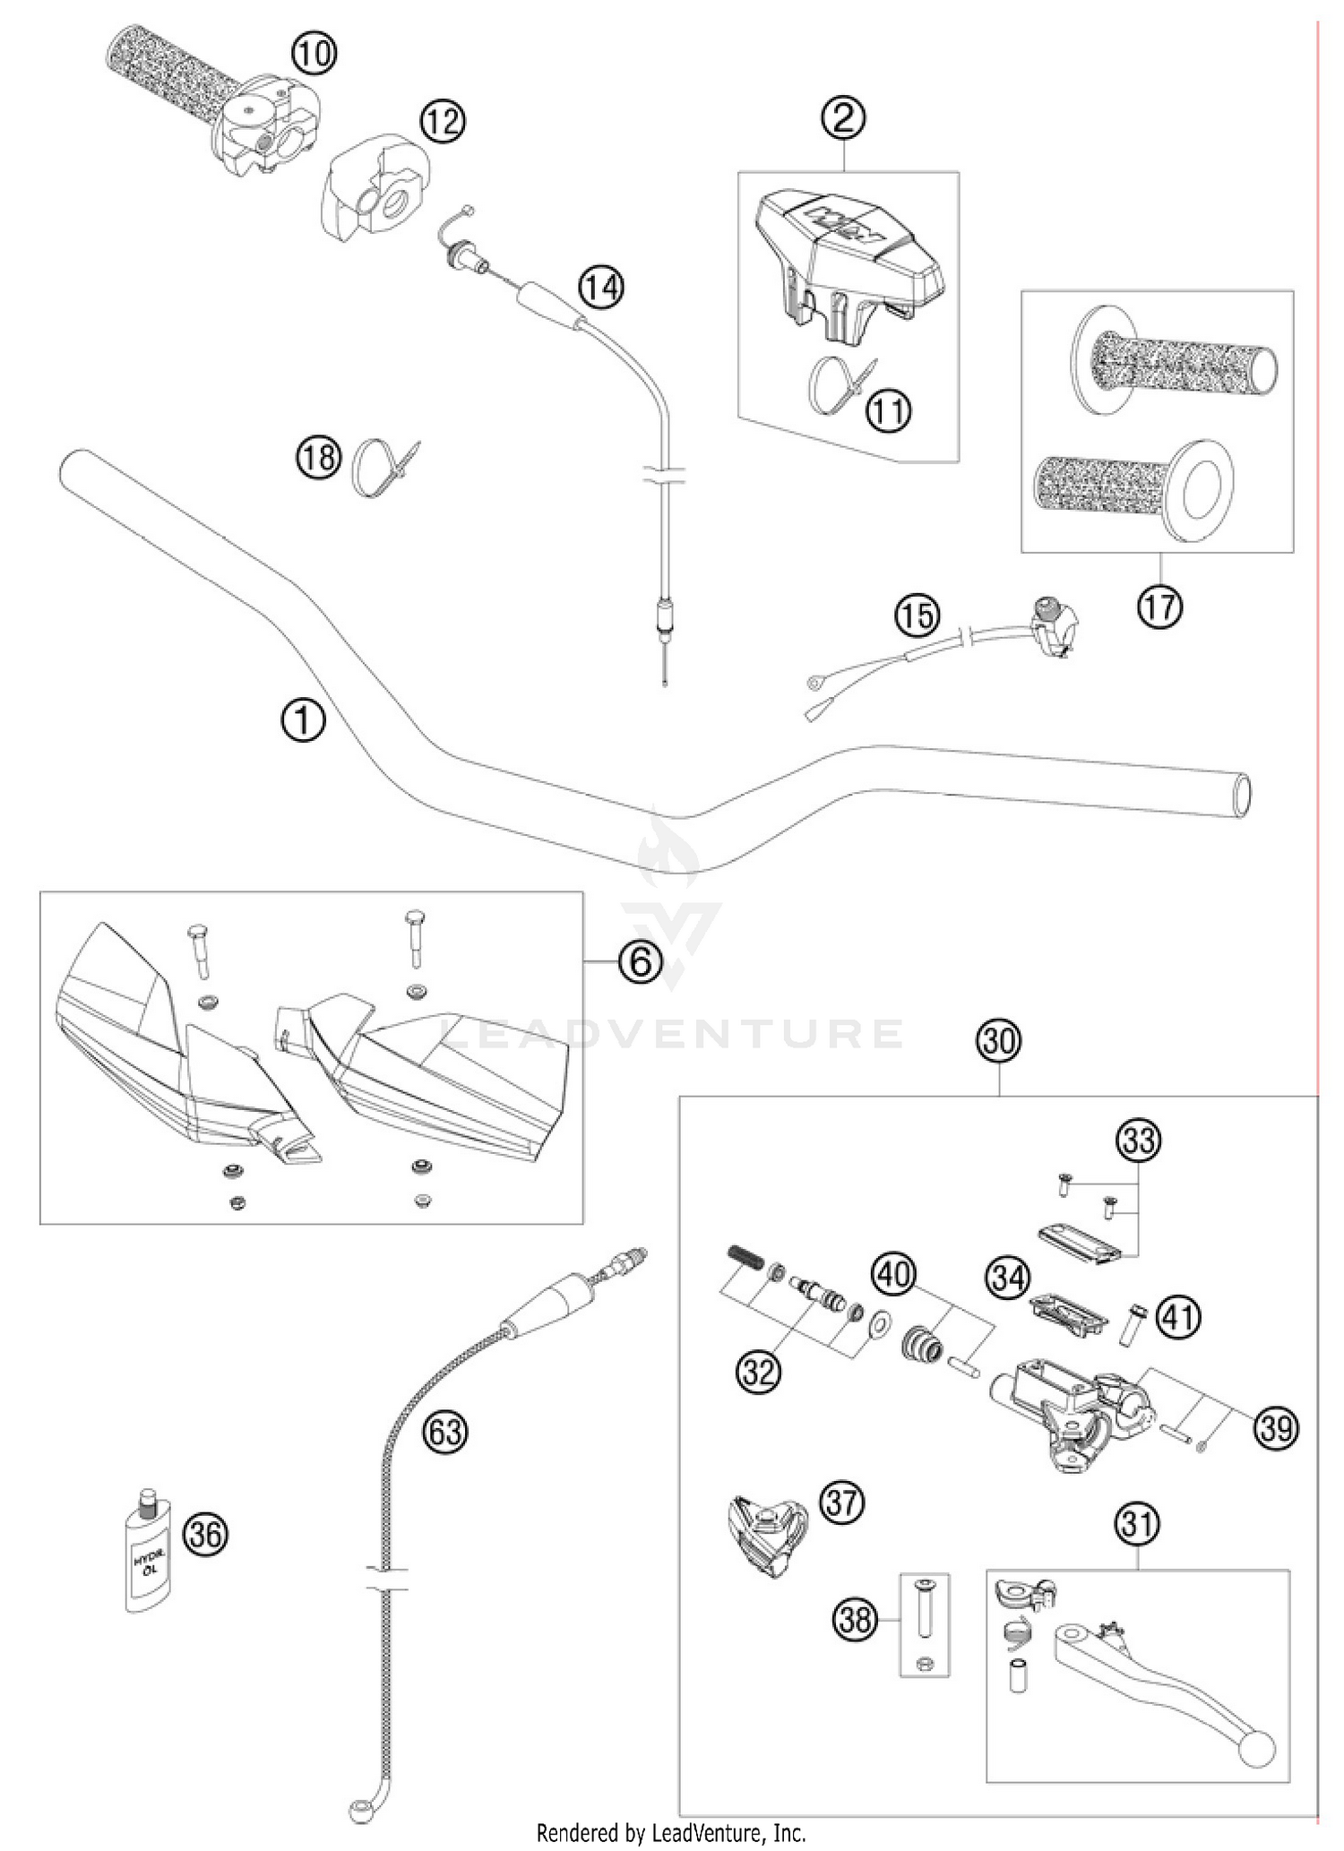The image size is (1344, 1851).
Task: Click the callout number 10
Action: pyautogui.click(x=314, y=54)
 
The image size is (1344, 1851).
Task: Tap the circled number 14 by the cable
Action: pyautogui.click(x=600, y=288)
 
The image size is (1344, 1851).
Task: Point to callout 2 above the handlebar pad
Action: pyautogui.click(x=843, y=117)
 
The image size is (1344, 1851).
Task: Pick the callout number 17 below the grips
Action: pyautogui.click(x=1159, y=608)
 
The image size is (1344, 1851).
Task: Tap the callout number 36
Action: pyautogui.click(x=205, y=1535)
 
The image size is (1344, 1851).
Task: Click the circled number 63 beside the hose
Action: pyautogui.click(x=445, y=1432)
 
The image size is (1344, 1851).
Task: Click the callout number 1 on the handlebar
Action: pyautogui.click(x=304, y=720)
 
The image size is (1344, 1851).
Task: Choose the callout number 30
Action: pyautogui.click(x=998, y=1041)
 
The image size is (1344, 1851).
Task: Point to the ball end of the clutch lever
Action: pyautogui.click(x=1257, y=1748)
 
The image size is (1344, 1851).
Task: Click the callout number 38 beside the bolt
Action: pyautogui.click(x=856, y=1619)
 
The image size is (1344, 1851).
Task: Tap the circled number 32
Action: pyautogui.click(x=758, y=1371)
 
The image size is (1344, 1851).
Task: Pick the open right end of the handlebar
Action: pyautogui.click(x=1241, y=795)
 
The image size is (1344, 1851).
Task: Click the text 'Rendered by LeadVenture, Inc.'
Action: pyautogui.click(x=671, y=1832)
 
